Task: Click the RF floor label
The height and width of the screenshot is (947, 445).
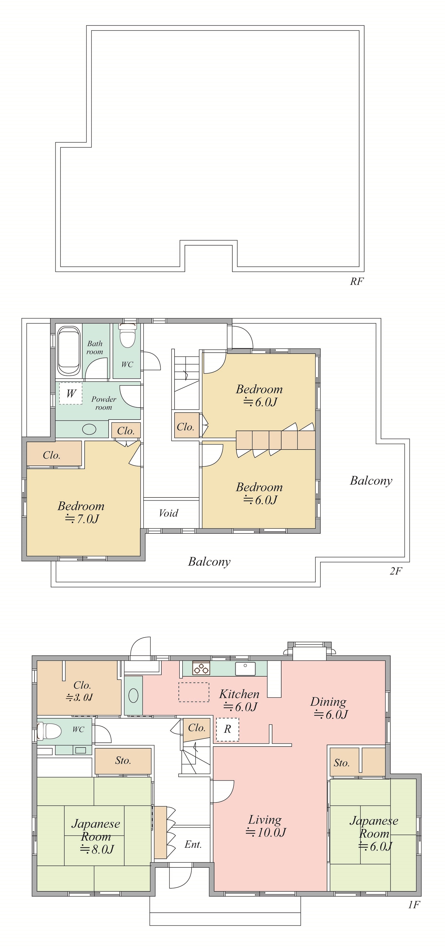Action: click(356, 282)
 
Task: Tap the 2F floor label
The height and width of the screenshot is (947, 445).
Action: click(396, 571)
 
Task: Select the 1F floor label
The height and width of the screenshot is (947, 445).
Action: click(414, 905)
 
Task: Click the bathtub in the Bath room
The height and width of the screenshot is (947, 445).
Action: click(69, 351)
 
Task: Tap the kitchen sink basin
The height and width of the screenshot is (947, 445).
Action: click(245, 669)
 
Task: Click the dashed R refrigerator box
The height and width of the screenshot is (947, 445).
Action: click(227, 729)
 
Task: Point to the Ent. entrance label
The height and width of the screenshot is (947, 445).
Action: click(193, 844)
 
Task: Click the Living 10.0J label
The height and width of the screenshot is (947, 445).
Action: click(265, 826)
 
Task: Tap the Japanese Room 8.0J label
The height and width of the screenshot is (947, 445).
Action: click(96, 836)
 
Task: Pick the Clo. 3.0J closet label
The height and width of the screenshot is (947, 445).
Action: click(80, 691)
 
